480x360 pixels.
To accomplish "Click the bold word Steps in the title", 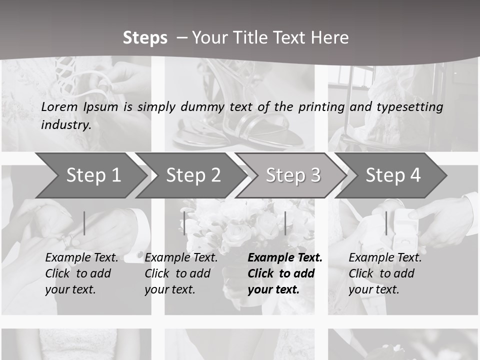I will pyautogui.click(x=145, y=38).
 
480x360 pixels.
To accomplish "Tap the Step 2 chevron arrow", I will pyautogui.click(x=193, y=175).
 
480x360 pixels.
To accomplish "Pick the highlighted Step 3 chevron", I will pyautogui.click(x=293, y=175).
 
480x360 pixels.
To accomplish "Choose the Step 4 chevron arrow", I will pyautogui.click(x=393, y=175).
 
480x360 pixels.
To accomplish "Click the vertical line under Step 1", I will pyautogui.click(x=84, y=223).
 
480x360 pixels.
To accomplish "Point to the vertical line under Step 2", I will pyautogui.click(x=184, y=223).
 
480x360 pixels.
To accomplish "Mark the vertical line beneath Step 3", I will pyautogui.click(x=285, y=223).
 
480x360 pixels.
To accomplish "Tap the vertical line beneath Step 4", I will pyautogui.click(x=386, y=223).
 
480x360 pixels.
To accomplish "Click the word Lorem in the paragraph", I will pyautogui.click(x=58, y=107).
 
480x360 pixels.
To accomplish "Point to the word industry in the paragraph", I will pyautogui.click(x=66, y=125).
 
